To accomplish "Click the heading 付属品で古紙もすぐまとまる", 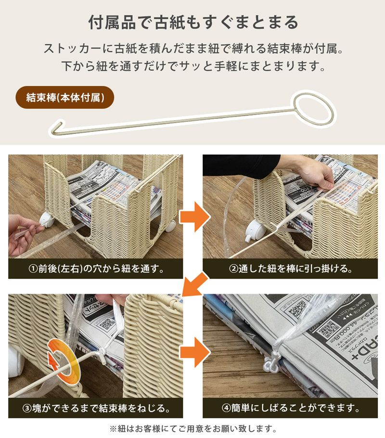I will coord(192,22).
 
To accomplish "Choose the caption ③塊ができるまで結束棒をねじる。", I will coord(95,409).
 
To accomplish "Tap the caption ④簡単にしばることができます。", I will coord(290,409).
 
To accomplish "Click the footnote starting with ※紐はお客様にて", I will coord(192,428).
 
